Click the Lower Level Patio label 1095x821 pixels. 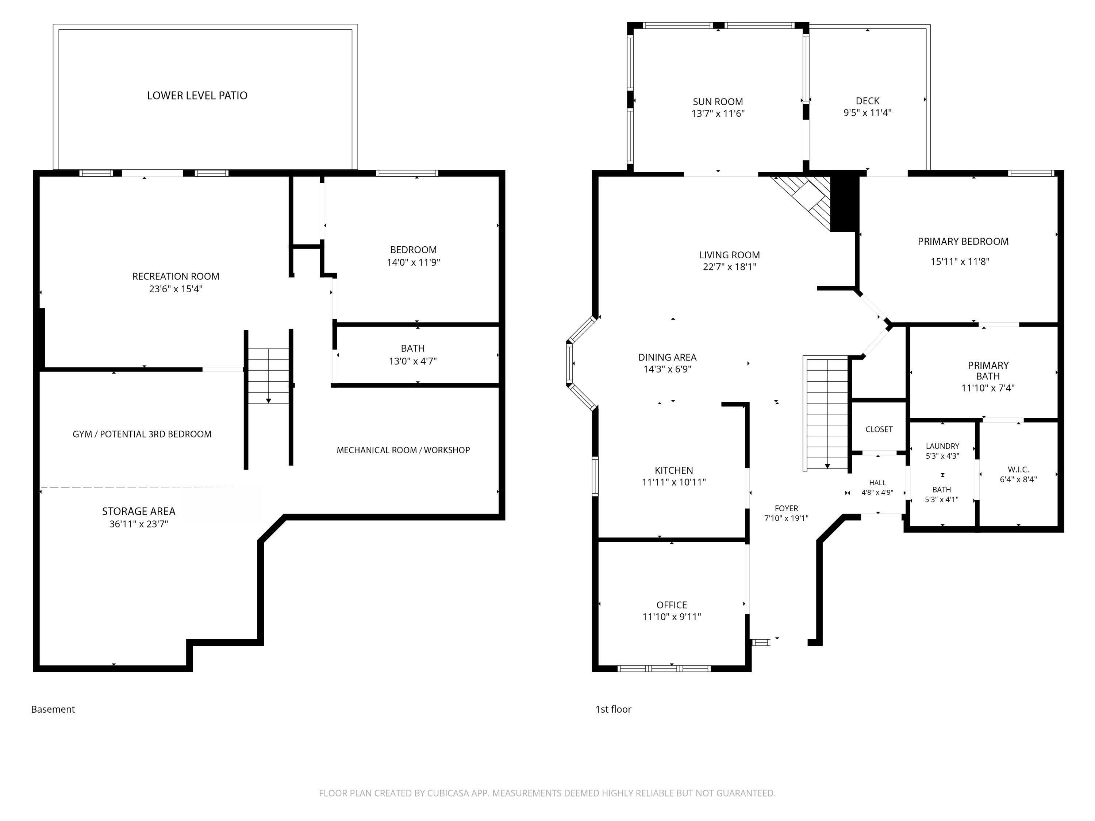coord(197,96)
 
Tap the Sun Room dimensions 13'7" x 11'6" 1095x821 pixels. coord(718,114)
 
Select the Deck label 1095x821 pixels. coord(867,101)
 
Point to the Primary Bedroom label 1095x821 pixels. coord(963,242)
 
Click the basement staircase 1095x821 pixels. coord(268,376)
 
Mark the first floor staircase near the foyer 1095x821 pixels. coord(827,414)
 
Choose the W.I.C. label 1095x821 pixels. coord(1018,470)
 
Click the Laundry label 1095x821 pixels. coord(942,446)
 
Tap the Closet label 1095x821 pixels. coord(879,429)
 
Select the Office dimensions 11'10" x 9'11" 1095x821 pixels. coord(672,617)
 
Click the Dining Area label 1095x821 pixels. coord(667,357)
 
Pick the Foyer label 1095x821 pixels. coord(786,508)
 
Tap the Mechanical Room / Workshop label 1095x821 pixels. coord(403,450)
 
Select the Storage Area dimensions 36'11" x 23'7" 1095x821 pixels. coord(139,524)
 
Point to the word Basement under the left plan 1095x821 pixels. coord(53,709)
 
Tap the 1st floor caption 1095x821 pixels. coord(613,709)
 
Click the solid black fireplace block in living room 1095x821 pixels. coord(845,202)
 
